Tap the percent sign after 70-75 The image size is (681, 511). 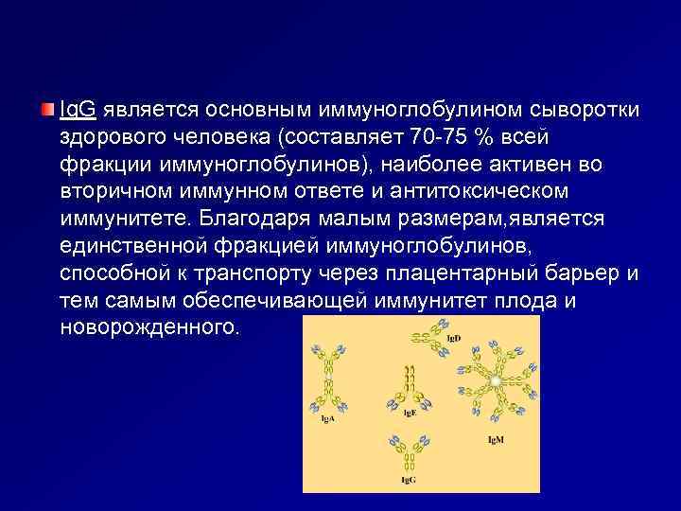tap(485, 137)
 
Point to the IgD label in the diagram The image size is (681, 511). tap(451, 338)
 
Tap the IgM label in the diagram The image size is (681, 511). tap(495, 440)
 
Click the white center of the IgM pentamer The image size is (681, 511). tap(494, 379)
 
